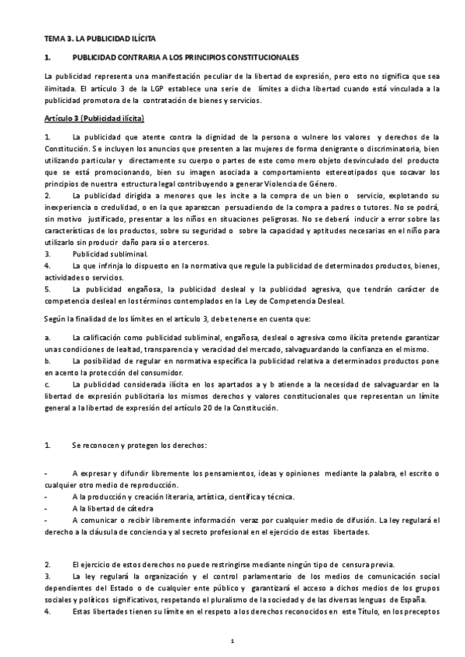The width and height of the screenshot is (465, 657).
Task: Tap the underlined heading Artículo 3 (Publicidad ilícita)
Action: [94, 118]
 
